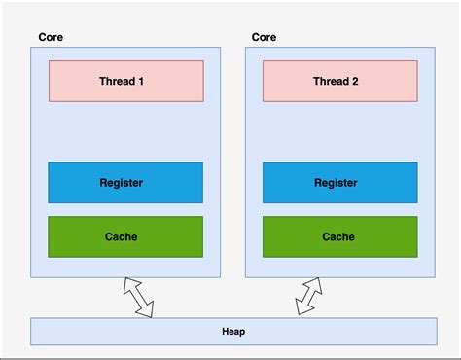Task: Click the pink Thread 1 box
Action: point(125,82)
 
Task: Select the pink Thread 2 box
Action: point(339,82)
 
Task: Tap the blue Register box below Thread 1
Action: point(125,183)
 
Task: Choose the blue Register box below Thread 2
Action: point(339,183)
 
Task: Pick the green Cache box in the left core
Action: point(125,236)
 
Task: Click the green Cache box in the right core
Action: point(339,236)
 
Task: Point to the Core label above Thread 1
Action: point(51,37)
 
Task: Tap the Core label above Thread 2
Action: point(264,37)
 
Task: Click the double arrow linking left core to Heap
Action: point(138,297)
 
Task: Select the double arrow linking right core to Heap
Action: point(309,297)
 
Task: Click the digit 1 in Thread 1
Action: point(142,82)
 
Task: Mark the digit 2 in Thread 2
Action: point(356,82)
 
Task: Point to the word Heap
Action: point(233,331)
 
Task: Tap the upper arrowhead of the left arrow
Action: point(128,284)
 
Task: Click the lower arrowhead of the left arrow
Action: point(147,309)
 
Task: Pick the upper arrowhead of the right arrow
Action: point(316,285)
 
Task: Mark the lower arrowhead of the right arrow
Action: point(302,309)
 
